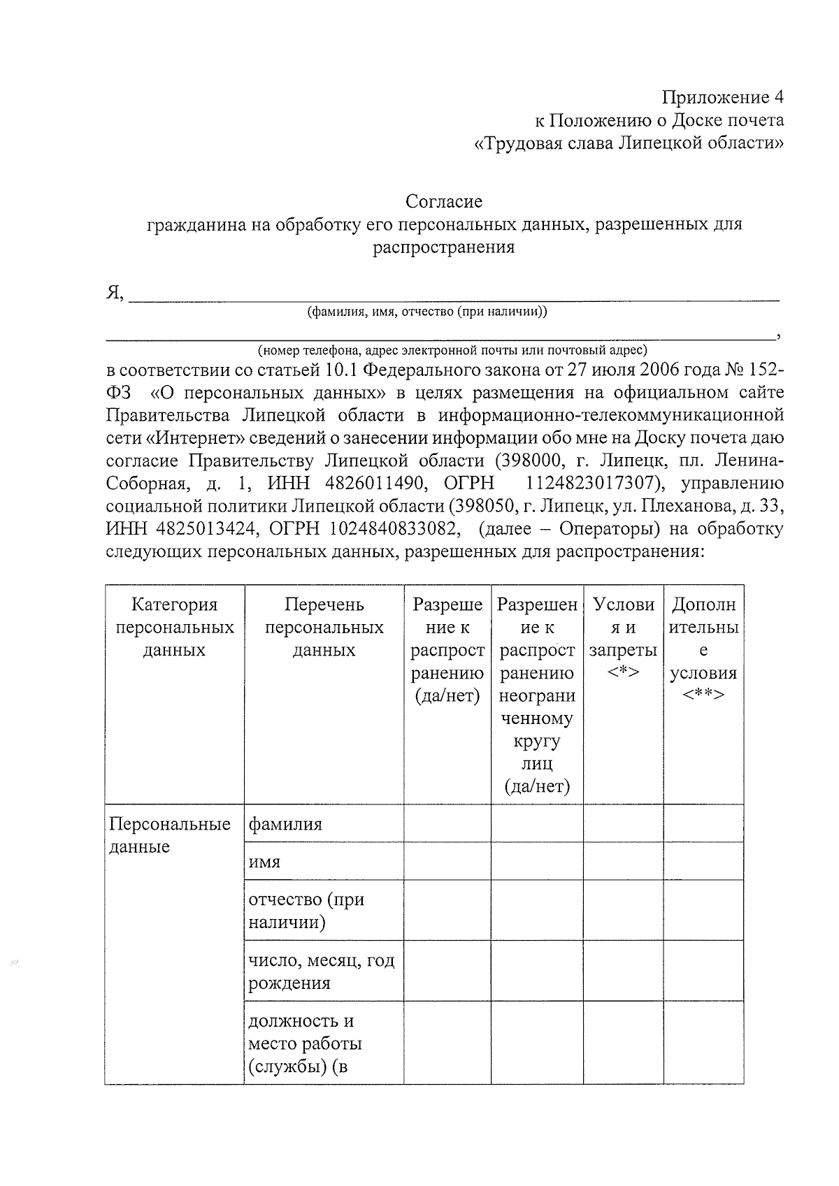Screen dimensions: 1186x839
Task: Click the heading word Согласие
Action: coord(444,202)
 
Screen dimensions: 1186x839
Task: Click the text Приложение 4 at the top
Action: coord(723,97)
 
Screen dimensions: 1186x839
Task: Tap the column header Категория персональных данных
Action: coord(174,627)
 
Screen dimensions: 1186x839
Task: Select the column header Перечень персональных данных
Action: coord(324,627)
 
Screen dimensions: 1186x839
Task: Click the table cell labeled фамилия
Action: coord(285,824)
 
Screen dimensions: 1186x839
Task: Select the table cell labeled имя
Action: coord(265,862)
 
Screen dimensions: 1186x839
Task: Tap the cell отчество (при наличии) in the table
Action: coord(306,911)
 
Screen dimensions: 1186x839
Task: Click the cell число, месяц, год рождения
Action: coord(321,971)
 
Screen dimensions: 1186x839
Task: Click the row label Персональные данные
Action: coord(170,835)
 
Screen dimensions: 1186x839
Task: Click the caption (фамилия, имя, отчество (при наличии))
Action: coord(427,312)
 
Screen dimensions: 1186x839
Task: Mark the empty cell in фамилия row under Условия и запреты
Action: coord(622,823)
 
